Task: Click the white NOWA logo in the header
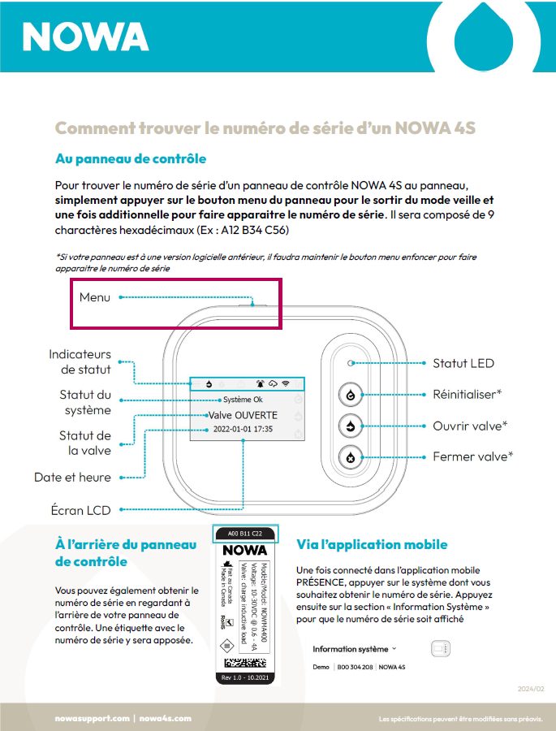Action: click(85, 37)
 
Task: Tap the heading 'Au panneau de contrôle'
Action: click(130, 158)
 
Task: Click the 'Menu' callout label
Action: click(95, 297)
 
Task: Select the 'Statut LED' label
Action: click(463, 363)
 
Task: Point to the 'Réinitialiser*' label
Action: click(467, 394)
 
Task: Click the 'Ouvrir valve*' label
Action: click(470, 426)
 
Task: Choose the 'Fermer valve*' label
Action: click(472, 456)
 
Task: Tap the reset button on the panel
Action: click(350, 395)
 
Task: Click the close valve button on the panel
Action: click(350, 456)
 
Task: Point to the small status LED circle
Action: click(350, 364)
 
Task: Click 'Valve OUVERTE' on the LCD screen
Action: click(244, 414)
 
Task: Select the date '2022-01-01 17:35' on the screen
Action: click(244, 429)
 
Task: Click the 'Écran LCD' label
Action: click(80, 510)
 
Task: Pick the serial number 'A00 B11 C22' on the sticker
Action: click(245, 534)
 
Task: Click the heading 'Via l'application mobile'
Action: click(372, 544)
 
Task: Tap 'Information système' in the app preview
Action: click(351, 649)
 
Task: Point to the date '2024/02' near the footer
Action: click(531, 689)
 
